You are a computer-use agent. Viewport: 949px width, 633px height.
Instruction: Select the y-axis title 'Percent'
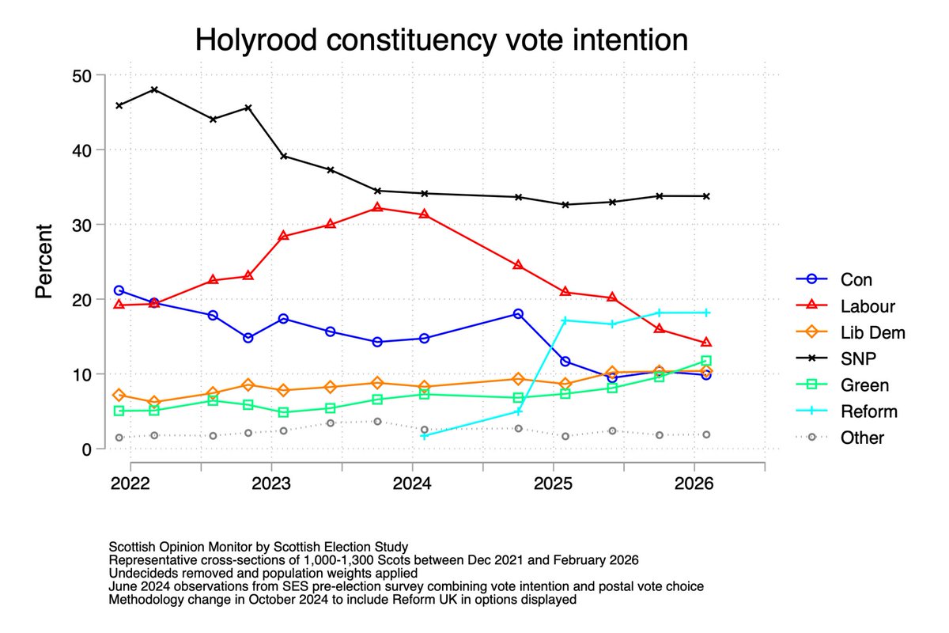tap(45, 261)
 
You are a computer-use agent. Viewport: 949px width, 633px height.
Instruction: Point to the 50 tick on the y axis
tap(82, 76)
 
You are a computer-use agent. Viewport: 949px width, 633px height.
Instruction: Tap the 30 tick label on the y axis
tap(82, 225)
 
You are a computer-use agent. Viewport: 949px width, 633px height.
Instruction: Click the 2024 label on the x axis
tap(412, 482)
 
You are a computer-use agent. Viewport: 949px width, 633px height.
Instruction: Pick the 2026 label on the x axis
tap(694, 482)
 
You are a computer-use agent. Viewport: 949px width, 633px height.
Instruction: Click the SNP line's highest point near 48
tap(154, 89)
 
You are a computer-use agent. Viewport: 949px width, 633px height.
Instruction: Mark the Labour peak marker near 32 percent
tap(377, 207)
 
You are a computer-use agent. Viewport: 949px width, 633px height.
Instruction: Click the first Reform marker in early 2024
tap(425, 436)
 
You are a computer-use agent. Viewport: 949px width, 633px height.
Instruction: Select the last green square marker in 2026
tap(706, 361)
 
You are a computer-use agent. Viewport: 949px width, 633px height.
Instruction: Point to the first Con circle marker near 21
tap(119, 290)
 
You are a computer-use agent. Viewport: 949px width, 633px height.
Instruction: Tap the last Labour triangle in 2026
tap(706, 343)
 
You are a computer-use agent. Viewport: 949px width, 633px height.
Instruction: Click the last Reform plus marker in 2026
tap(706, 313)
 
